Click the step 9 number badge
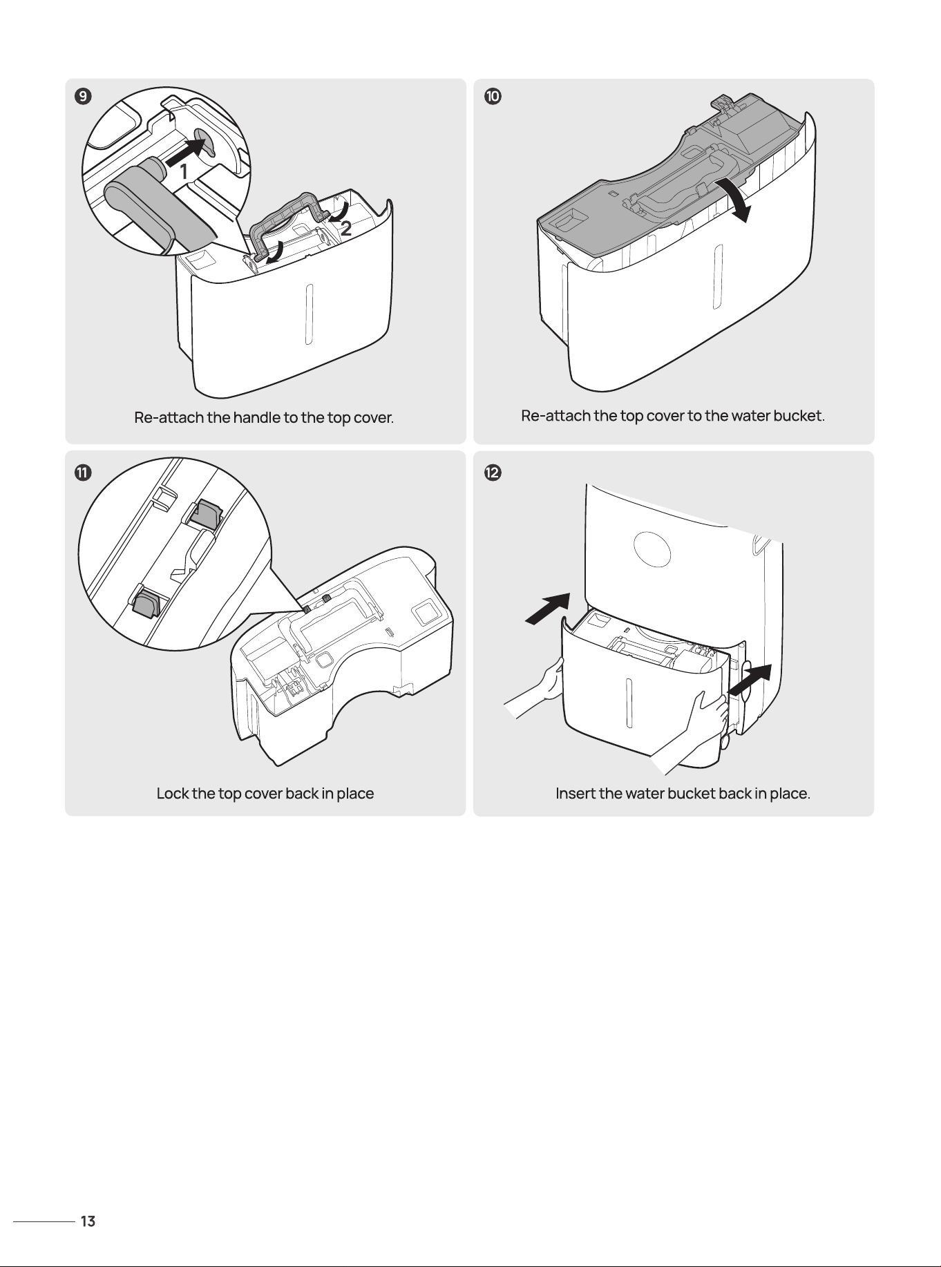click(82, 97)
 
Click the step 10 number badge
click(492, 97)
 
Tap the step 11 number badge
click(82, 473)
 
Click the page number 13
click(88, 1221)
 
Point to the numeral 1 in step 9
click(183, 172)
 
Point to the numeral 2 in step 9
click(346, 228)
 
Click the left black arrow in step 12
click(548, 609)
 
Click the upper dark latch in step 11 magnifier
click(207, 515)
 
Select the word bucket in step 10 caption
click(798, 416)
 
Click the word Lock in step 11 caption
click(173, 793)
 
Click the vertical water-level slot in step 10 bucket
click(718, 276)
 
